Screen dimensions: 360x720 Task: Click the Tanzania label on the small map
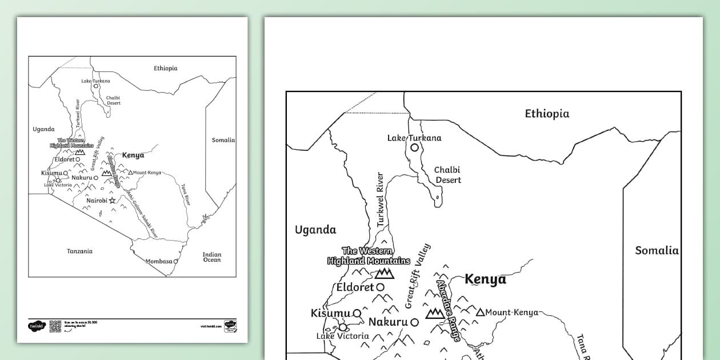79,251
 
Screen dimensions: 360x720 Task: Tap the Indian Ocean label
212,257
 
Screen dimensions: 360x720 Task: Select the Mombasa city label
158,261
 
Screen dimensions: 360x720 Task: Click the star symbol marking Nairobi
112,201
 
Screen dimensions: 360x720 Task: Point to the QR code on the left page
55,326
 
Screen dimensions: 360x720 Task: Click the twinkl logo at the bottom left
36,326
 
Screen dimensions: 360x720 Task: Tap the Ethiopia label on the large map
547,114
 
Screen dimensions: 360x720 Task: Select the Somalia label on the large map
657,250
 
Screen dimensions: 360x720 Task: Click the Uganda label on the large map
315,230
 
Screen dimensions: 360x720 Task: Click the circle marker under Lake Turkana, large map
414,147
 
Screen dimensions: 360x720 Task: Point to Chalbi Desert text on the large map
448,175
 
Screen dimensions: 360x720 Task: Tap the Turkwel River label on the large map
381,208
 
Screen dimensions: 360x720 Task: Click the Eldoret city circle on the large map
380,287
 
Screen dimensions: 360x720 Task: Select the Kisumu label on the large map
330,313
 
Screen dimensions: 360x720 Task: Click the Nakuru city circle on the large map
414,322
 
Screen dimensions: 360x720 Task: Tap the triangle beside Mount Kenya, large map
480,312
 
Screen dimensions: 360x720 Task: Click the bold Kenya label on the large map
485,279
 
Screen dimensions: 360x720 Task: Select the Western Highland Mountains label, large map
369,256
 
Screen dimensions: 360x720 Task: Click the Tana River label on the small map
185,194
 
